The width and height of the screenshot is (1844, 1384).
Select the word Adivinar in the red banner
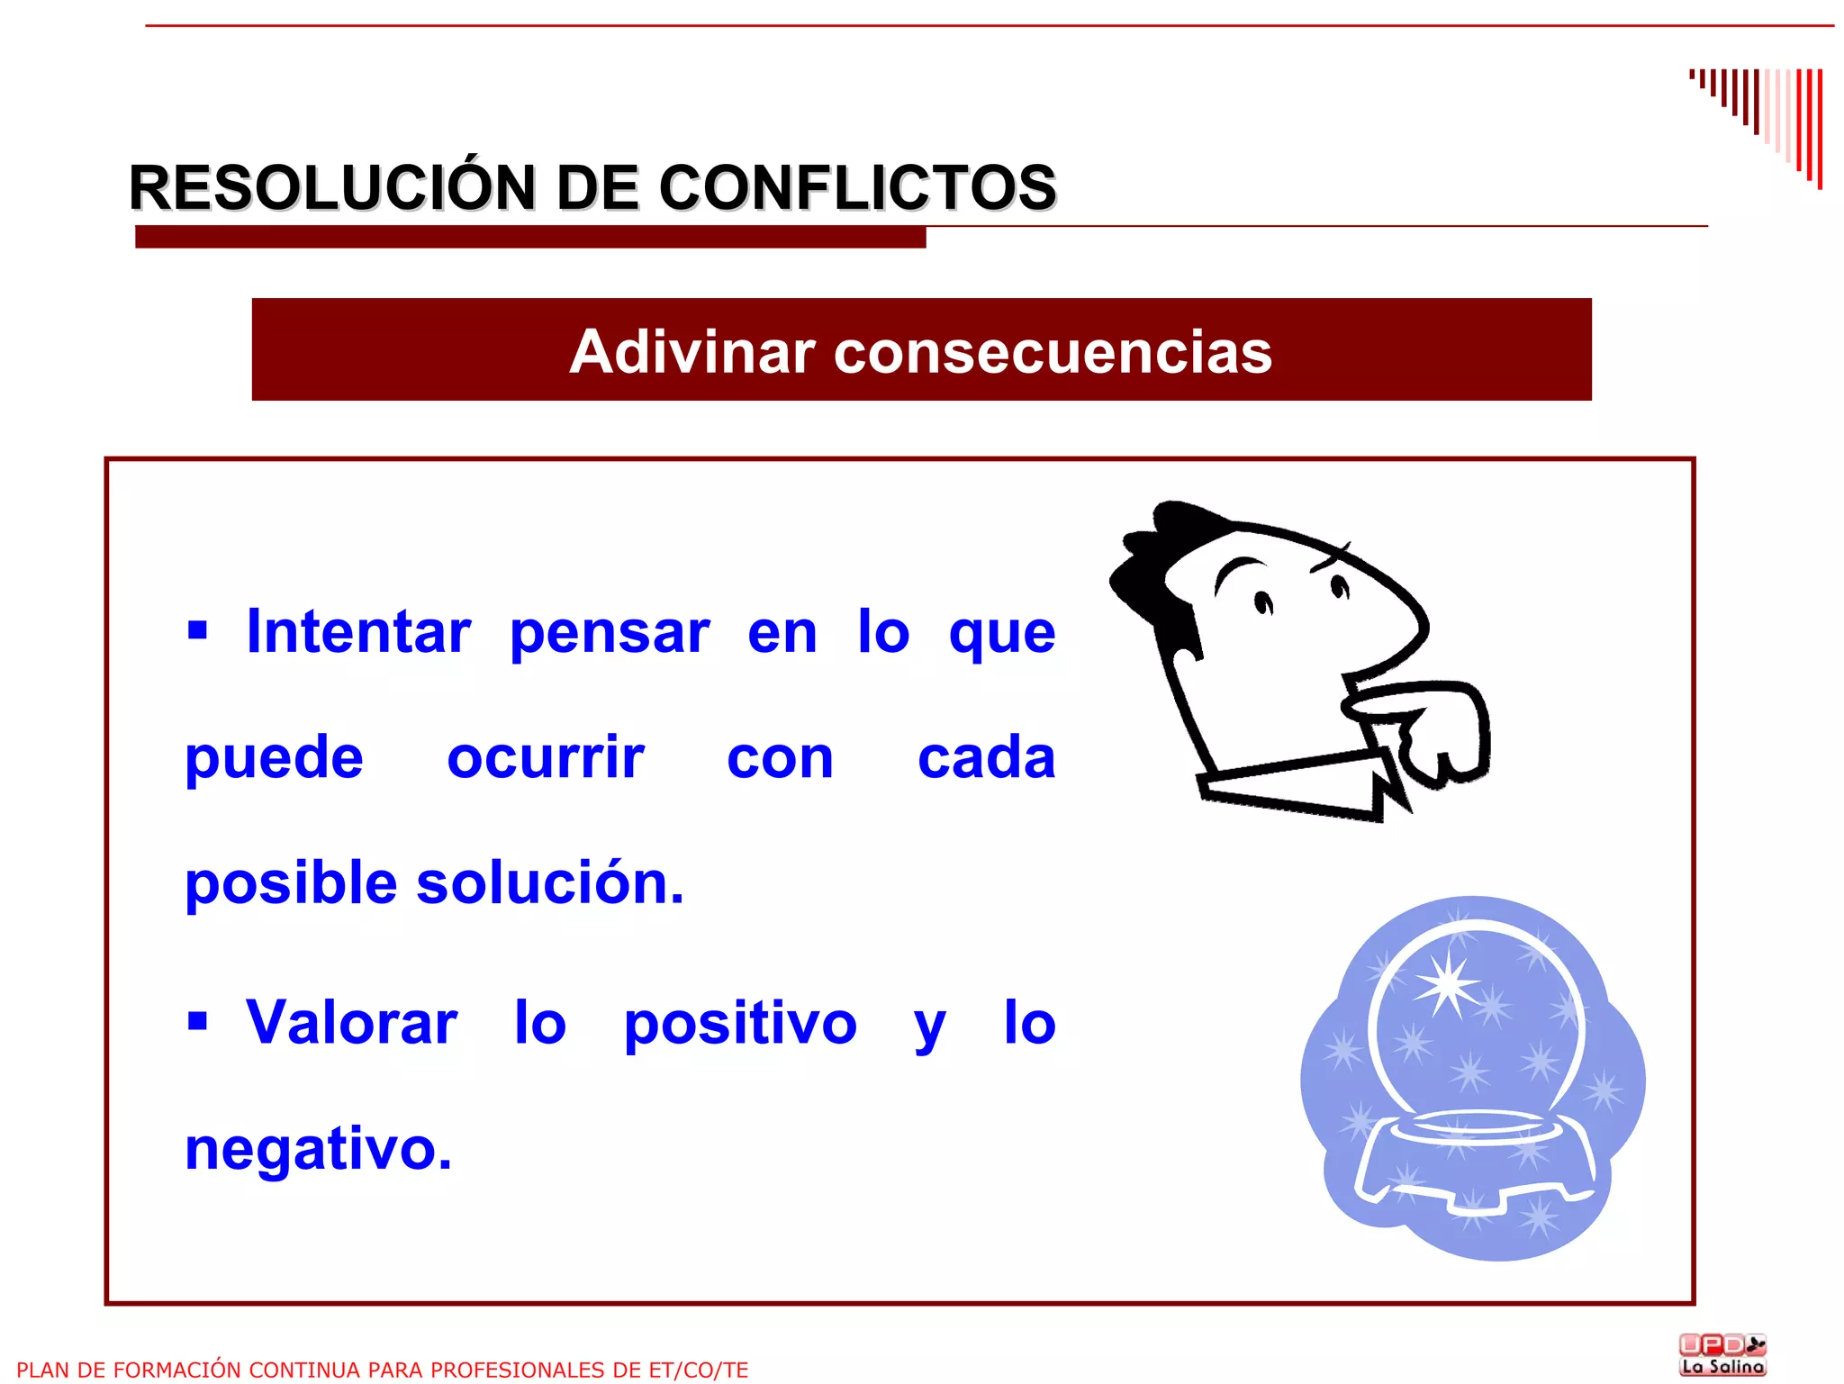[691, 351]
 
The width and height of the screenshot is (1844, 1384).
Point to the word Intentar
[358, 632]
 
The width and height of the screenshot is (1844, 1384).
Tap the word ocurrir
[546, 758]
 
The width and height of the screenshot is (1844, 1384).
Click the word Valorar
[352, 1024]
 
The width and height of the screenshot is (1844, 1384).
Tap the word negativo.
[318, 1151]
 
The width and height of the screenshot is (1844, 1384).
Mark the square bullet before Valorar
[197, 1021]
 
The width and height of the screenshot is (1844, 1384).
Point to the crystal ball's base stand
[1474, 1162]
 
